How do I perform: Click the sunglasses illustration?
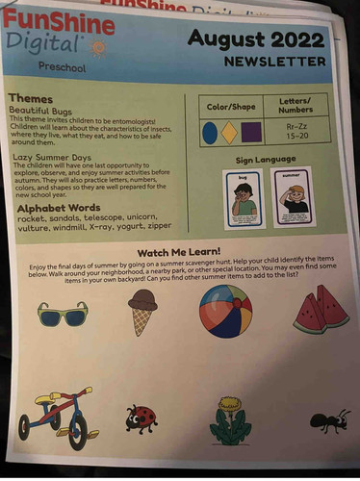63,314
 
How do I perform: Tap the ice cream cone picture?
142,311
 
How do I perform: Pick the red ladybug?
141,418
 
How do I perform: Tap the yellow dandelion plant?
229,420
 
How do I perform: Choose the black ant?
329,420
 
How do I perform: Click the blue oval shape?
209,132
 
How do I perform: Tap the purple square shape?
250,132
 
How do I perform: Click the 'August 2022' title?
257,39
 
